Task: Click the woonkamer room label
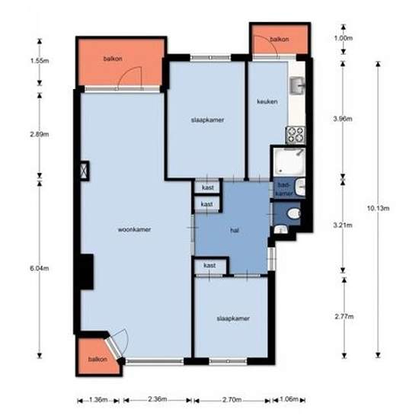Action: click(x=133, y=228)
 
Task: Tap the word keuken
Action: click(x=267, y=101)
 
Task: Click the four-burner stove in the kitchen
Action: click(x=295, y=135)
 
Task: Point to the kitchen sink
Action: click(x=297, y=87)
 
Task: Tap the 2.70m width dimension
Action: click(x=232, y=398)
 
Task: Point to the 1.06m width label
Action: click(x=290, y=398)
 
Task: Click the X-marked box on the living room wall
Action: click(x=83, y=170)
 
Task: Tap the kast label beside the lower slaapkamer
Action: click(x=209, y=265)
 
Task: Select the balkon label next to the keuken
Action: click(x=280, y=40)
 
